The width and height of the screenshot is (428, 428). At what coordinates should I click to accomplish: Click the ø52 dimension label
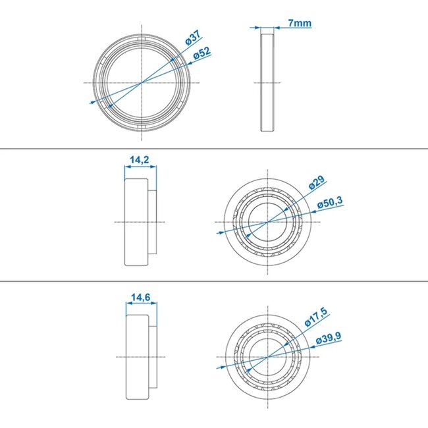202,53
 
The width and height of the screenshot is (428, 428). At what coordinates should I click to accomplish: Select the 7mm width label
300,24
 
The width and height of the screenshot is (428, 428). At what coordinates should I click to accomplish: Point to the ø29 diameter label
317,182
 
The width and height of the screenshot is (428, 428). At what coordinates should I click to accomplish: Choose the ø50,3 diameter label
330,205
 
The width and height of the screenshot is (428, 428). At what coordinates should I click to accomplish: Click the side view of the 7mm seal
267,82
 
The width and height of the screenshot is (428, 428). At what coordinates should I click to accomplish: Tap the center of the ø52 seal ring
142,82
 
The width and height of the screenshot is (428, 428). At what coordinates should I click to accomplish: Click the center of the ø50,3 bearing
267,223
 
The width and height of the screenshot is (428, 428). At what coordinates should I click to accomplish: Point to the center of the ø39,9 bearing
267,357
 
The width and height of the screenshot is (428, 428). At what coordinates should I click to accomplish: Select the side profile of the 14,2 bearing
138,223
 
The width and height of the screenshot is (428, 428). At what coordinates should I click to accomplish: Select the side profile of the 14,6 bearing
138,357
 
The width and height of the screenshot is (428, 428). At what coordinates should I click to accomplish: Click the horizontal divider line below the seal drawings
214,149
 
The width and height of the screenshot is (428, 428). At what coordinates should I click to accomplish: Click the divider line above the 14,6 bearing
214,281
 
